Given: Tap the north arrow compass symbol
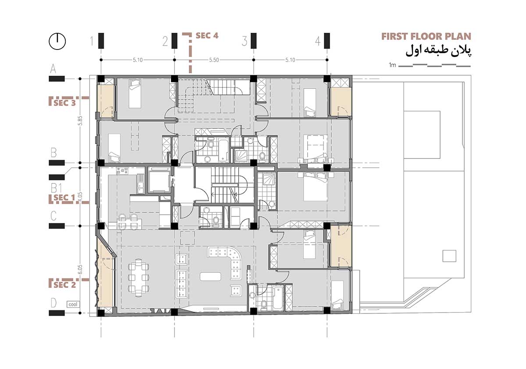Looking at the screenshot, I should point(57,41).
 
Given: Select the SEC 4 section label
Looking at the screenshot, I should point(207,35).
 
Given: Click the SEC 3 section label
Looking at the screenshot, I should point(64,103).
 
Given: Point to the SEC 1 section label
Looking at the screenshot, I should point(64,198).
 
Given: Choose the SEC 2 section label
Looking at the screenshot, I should point(64,285).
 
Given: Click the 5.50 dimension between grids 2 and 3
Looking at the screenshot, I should point(214,60).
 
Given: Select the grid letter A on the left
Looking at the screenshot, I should point(53,69).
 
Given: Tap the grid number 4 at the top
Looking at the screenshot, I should point(317,42).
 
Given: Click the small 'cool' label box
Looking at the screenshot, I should point(73,304).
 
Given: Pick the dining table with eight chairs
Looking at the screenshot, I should point(139,276).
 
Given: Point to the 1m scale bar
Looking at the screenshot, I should point(430,65).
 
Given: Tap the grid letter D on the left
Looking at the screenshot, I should point(53,303).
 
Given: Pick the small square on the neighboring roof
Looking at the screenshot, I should point(449,256).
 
